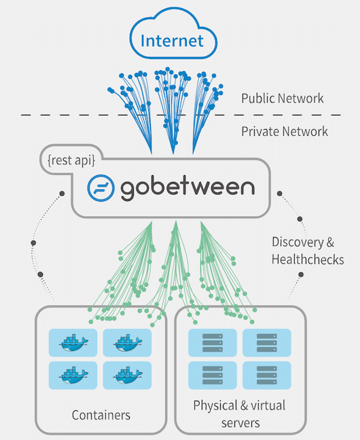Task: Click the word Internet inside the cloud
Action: point(172,41)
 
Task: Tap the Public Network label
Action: point(282,98)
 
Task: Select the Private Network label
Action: point(285,131)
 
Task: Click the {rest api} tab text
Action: point(71,160)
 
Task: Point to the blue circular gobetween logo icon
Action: point(101,187)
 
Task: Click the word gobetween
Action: point(187,187)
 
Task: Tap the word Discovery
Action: point(298,242)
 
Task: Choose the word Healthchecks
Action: point(308,259)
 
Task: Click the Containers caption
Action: point(101,415)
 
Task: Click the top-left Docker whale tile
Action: point(73,343)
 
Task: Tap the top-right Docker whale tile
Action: point(127,343)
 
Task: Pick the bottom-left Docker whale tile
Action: point(73,375)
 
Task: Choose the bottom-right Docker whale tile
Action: point(127,375)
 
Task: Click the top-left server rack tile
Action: point(213,343)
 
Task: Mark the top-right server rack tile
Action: point(267,343)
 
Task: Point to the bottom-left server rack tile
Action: point(213,375)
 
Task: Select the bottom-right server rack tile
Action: point(267,375)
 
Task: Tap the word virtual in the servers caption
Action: point(268,405)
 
